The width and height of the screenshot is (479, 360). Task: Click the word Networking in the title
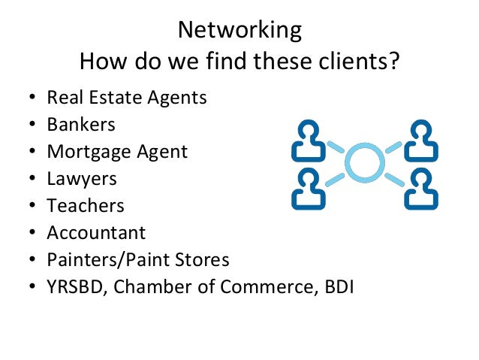[x=239, y=30]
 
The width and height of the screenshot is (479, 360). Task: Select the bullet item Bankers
[x=81, y=124]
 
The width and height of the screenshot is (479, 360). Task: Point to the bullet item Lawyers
[x=82, y=179]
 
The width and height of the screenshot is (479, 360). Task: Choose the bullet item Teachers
[x=86, y=205]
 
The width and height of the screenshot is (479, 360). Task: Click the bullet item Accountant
[x=96, y=232]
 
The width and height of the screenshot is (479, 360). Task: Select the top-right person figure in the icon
[x=420, y=141]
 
